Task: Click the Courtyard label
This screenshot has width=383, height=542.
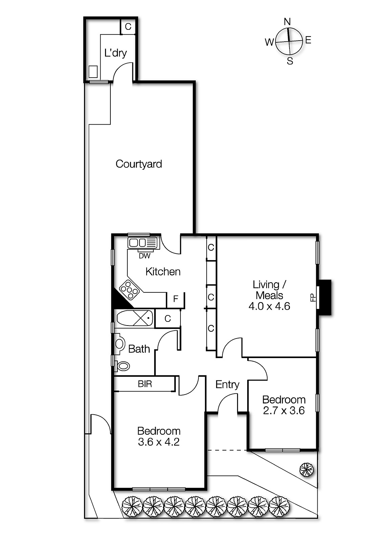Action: click(x=139, y=164)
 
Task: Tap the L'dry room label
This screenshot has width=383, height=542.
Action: click(x=115, y=53)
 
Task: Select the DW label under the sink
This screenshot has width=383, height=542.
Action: click(x=144, y=256)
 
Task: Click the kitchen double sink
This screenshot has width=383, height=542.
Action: click(x=142, y=243)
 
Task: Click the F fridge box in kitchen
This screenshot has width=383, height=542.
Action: click(x=175, y=299)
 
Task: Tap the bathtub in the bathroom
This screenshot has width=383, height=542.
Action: click(x=135, y=318)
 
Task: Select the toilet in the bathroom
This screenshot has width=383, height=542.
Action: click(x=123, y=366)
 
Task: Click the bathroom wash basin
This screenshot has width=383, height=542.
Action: click(x=120, y=343)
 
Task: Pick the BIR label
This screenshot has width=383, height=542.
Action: click(x=145, y=384)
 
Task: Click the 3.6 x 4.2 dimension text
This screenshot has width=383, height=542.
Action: click(x=158, y=442)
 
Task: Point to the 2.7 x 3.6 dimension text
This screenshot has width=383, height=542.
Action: click(x=284, y=411)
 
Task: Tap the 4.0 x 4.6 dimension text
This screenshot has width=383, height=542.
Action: click(x=269, y=306)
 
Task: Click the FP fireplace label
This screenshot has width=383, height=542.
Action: click(x=313, y=298)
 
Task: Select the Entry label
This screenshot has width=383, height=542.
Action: click(x=227, y=384)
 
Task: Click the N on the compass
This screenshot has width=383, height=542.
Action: click(x=287, y=22)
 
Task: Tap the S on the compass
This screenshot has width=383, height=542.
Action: click(x=290, y=61)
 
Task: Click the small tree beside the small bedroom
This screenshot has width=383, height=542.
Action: click(x=307, y=470)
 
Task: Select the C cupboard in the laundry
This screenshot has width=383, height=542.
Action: click(x=128, y=27)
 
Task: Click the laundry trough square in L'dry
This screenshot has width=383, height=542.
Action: click(x=93, y=71)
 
